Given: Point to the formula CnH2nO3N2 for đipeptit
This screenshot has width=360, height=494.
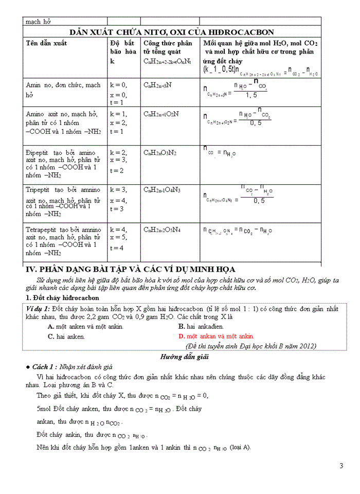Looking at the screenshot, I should pyautogui.click(x=160, y=153).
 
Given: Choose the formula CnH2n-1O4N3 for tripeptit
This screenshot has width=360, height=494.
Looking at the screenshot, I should pyautogui.click(x=161, y=190).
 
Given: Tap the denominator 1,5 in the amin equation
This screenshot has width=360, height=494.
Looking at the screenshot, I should pyautogui.click(x=251, y=95).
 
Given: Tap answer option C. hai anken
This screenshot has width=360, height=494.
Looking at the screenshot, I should pyautogui.click(x=66, y=337).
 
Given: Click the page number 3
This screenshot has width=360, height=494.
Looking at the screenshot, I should pyautogui.click(x=341, y=466).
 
